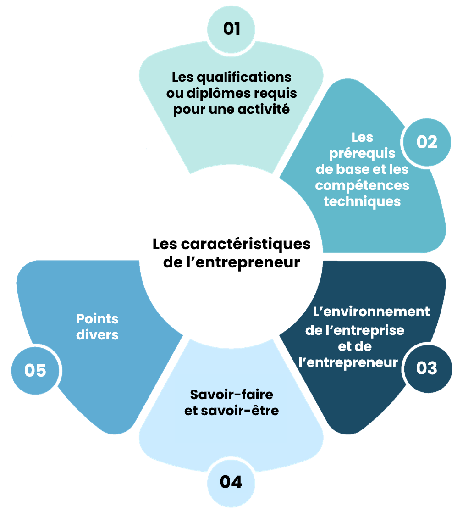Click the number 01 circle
point(231,29)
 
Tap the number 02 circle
point(427,142)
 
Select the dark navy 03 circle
point(428,369)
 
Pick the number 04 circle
point(231,483)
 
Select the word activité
point(264,109)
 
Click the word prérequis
point(362,154)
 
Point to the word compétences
point(362,186)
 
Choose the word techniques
point(362,202)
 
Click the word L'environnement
point(371,312)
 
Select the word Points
point(97,319)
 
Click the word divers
point(97,335)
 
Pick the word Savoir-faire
point(231,395)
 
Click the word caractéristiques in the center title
point(246,245)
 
